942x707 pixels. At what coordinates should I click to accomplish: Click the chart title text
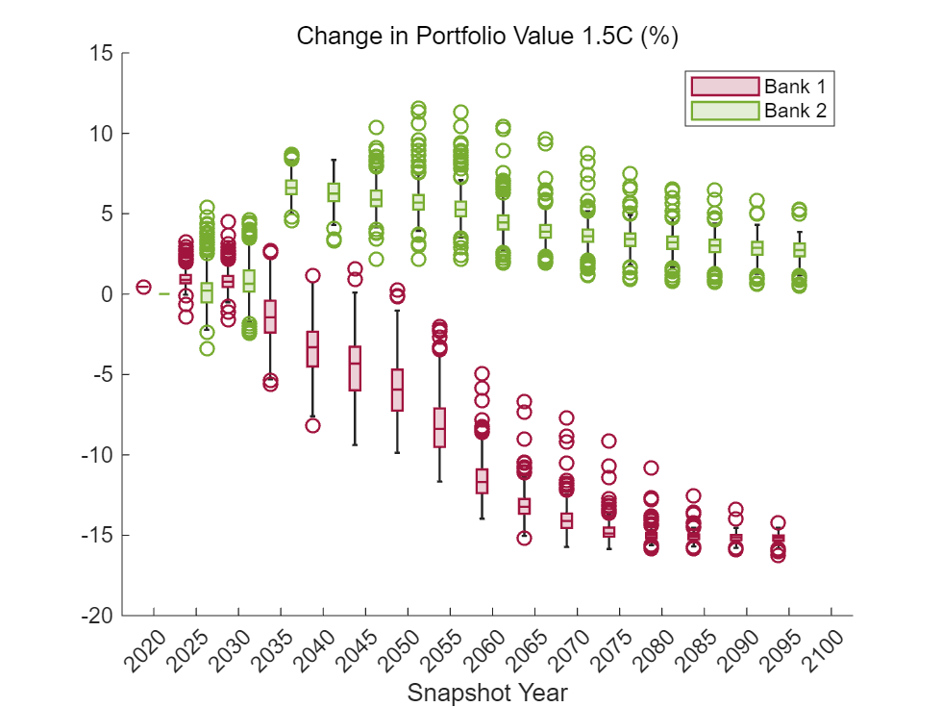(x=488, y=36)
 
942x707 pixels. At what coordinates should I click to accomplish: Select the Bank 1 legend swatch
(x=724, y=84)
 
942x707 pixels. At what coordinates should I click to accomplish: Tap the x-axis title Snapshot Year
(x=487, y=693)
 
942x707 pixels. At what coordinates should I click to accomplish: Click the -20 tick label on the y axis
(x=98, y=616)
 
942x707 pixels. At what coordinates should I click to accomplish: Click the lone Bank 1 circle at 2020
(x=143, y=287)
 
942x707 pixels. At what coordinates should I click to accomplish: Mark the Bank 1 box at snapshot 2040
(x=312, y=348)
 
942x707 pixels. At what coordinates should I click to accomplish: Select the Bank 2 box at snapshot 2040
(x=334, y=192)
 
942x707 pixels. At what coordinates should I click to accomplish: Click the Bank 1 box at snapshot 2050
(x=397, y=390)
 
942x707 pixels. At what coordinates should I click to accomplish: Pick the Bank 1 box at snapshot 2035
(x=270, y=316)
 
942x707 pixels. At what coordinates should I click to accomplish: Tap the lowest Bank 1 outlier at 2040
(x=312, y=425)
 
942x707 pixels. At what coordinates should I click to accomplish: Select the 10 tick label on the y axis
(x=103, y=134)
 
